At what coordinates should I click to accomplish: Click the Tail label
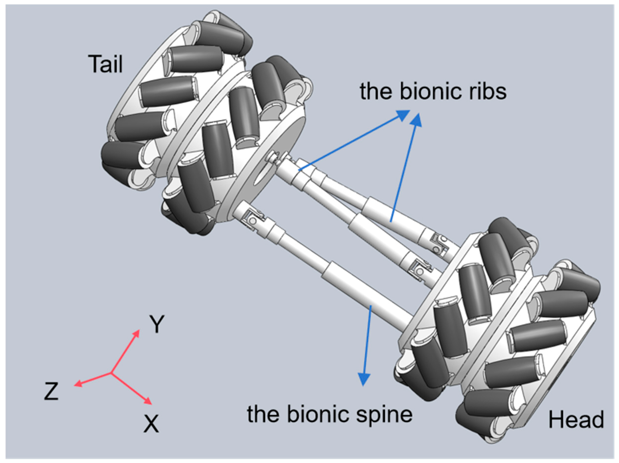click(x=106, y=64)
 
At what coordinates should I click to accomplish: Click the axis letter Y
click(x=157, y=324)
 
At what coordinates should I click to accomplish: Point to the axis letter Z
click(x=51, y=391)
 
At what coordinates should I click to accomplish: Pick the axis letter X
click(x=151, y=424)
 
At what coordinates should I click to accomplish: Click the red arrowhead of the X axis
click(x=148, y=401)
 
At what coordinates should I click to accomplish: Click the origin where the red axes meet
click(x=111, y=373)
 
